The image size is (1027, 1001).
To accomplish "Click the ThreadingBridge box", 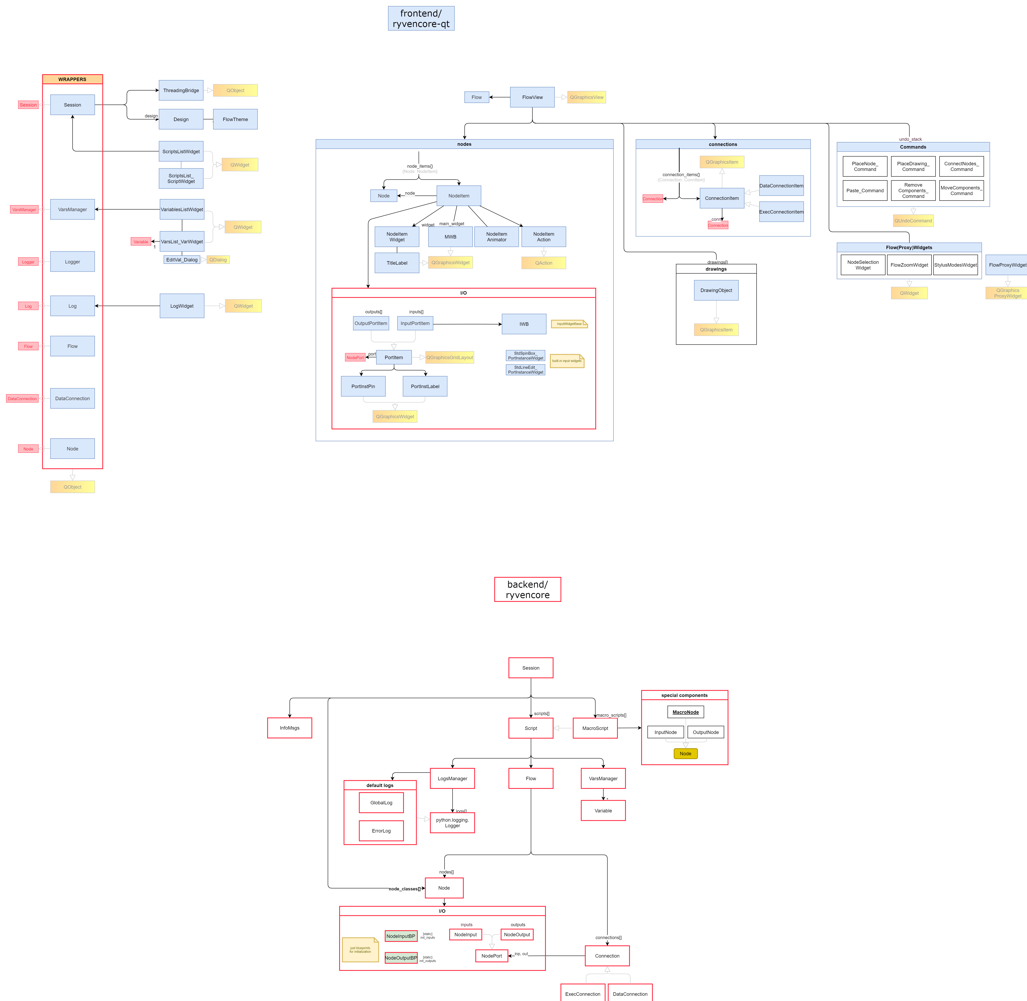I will (x=181, y=90).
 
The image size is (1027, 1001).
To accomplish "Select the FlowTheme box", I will (x=235, y=119).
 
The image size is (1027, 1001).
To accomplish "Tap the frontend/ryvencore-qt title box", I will (x=421, y=18).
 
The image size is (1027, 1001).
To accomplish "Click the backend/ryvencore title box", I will (x=527, y=589).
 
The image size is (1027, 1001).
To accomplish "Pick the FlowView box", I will (x=532, y=97).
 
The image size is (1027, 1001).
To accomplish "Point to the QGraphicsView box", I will (x=586, y=97).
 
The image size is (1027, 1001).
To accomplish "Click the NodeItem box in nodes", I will (x=458, y=196).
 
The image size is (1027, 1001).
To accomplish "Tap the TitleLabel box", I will (x=397, y=263).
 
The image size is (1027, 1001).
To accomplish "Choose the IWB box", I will (x=524, y=324).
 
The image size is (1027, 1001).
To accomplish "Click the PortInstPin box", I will (x=363, y=386).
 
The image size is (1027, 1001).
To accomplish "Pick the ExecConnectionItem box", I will (x=781, y=212).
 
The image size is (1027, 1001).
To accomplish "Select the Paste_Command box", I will (x=865, y=190).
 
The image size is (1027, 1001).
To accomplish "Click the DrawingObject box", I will (x=716, y=290).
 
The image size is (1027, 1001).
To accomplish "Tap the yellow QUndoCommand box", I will (x=913, y=221).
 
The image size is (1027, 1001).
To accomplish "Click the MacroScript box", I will (x=595, y=728).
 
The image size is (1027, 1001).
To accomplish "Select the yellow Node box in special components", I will (x=685, y=753).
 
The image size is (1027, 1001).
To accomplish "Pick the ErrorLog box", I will (x=381, y=831).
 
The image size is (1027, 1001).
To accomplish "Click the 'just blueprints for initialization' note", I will (x=360, y=950).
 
